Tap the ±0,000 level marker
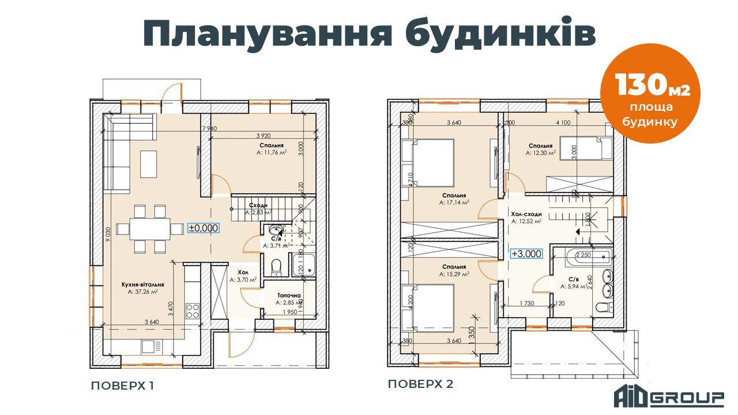(x=204, y=228)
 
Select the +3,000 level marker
(x=526, y=253)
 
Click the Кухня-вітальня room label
(x=143, y=284)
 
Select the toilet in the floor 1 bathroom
(x=276, y=266)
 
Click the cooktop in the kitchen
(x=192, y=311)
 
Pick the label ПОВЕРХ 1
(x=122, y=385)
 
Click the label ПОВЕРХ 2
(x=420, y=384)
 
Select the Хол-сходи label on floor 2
(x=526, y=214)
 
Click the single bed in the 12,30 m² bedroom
(x=586, y=148)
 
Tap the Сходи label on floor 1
(x=258, y=205)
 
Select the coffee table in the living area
(x=148, y=164)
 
